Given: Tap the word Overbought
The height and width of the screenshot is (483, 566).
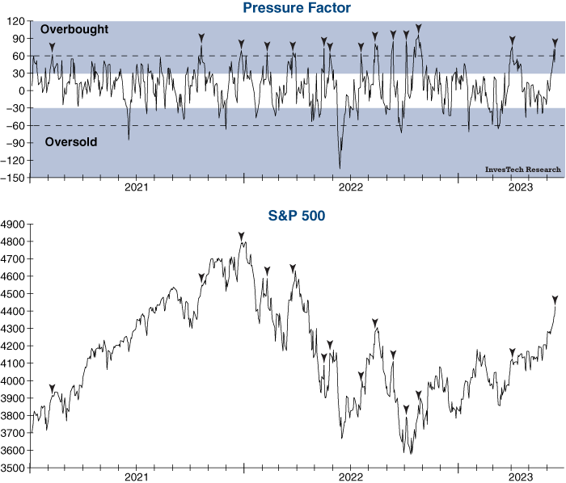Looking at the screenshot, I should (74, 29).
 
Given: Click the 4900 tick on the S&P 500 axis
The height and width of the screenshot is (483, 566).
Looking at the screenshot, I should (14, 224).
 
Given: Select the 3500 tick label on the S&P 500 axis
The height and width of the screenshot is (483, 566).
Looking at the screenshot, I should (14, 468).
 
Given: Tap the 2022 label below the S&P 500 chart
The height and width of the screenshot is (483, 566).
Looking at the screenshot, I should (350, 478).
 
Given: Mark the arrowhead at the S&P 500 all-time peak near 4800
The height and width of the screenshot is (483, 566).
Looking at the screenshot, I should (241, 235).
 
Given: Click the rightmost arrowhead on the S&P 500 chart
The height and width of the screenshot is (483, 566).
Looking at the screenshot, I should (555, 300).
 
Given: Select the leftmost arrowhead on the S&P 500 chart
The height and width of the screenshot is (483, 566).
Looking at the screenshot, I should (53, 388).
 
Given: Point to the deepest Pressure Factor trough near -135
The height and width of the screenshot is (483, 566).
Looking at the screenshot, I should (340, 167).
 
